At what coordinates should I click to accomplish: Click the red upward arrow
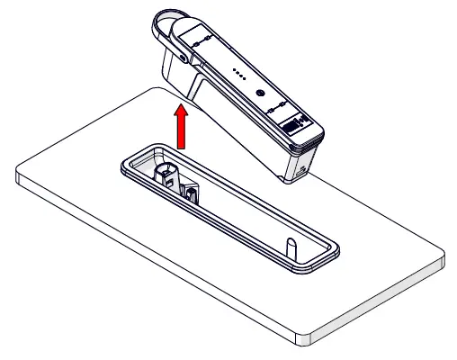tap(183, 130)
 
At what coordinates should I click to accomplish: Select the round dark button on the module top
tap(260, 93)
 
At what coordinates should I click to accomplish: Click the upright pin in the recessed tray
tap(291, 245)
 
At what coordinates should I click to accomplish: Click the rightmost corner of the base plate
tap(443, 260)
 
